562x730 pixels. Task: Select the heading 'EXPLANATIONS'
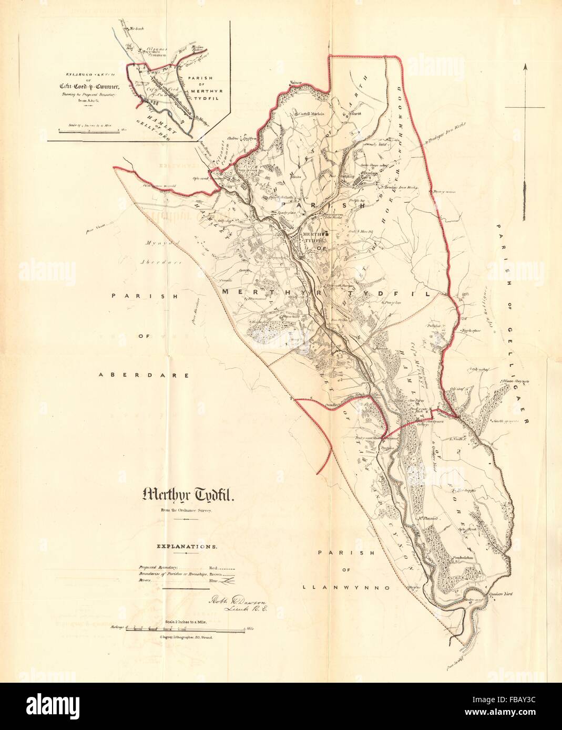[187, 547]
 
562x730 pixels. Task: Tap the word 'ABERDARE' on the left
[125, 375]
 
